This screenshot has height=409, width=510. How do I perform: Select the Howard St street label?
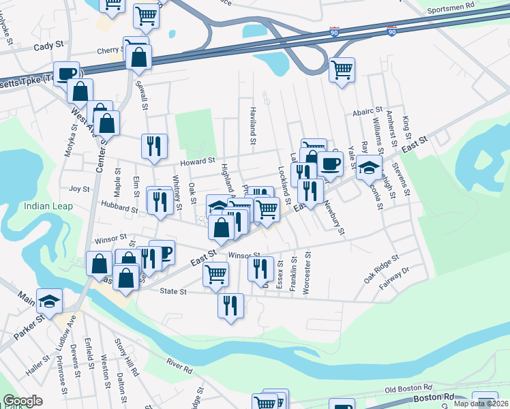tap(197, 162)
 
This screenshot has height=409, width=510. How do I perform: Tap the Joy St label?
tap(80, 189)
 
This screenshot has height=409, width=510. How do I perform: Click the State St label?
tap(173, 291)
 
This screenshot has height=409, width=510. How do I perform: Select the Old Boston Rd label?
tap(410, 389)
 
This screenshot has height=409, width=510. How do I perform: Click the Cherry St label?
tap(108, 50)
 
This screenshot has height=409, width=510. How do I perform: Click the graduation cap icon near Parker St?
tap(49, 301)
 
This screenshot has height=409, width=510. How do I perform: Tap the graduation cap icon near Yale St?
tap(369, 166)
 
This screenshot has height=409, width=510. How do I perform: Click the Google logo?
tap(23, 401)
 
